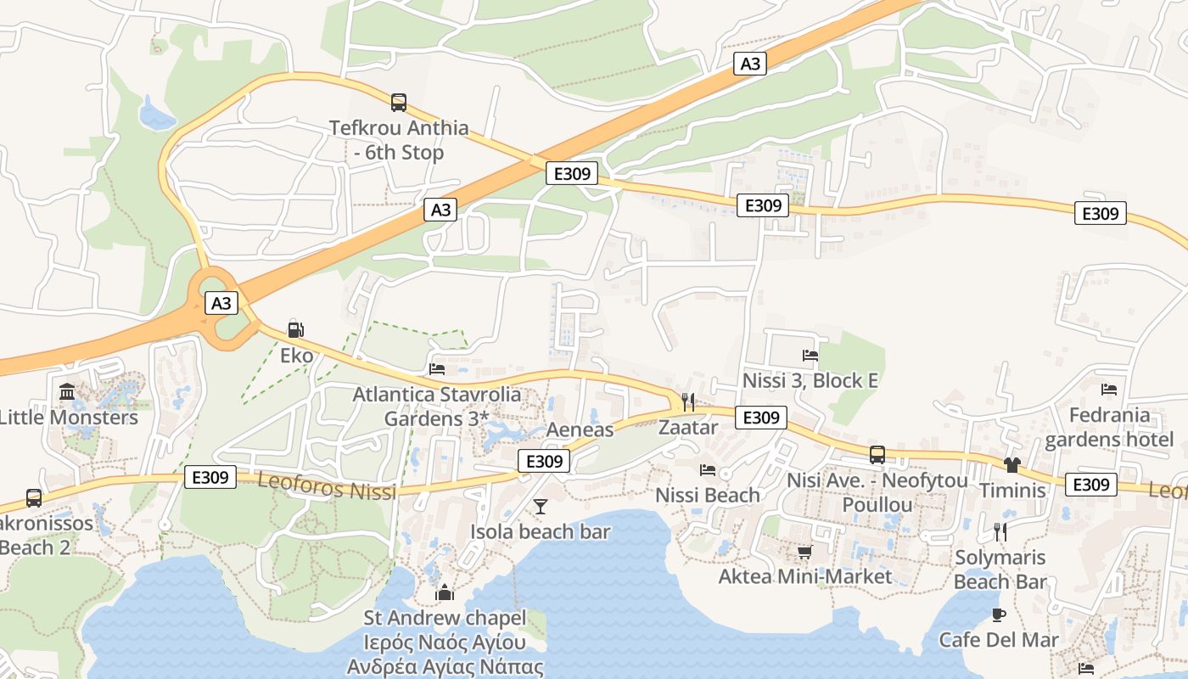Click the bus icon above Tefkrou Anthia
(399, 103)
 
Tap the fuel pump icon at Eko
(295, 330)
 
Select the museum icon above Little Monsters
(67, 392)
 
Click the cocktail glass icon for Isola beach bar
(540, 508)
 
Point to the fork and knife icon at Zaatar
(688, 402)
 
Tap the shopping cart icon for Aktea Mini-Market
(804, 553)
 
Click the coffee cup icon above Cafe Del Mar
(998, 614)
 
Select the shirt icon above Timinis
(1011, 465)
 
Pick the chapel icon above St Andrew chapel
(445, 592)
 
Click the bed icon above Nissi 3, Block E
(810, 356)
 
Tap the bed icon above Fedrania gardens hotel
(1109, 390)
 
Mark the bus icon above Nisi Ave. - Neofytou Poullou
(877, 455)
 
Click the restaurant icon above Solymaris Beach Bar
(1000, 532)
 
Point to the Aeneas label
(580, 429)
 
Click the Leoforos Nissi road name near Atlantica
(327, 487)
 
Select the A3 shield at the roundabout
(221, 303)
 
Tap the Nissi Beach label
(708, 495)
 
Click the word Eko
(296, 355)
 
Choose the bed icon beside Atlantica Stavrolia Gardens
(437, 369)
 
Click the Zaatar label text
(688, 428)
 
